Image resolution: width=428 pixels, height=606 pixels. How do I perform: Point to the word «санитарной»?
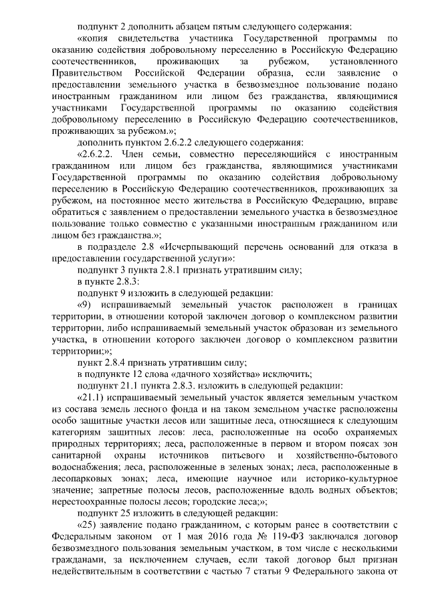[x=76, y=455]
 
